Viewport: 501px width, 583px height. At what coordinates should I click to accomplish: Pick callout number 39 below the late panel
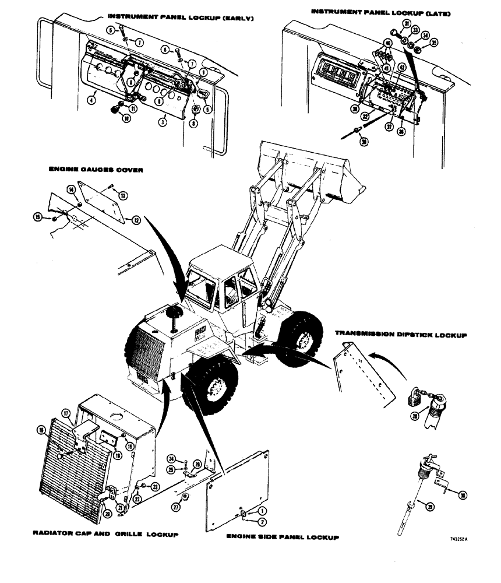364,142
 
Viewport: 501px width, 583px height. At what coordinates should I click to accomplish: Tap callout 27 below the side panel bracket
185,496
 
